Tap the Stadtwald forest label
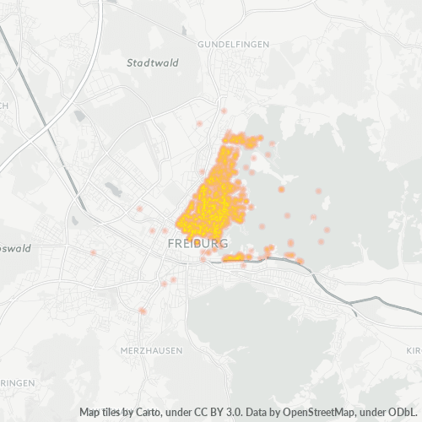[148, 62]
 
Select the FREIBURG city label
[197, 243]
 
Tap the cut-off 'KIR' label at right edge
[413, 349]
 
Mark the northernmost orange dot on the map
[224, 111]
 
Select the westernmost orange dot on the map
[93, 252]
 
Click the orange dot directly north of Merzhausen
[143, 311]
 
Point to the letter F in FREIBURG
[172, 243]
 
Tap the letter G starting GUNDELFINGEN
[201, 43]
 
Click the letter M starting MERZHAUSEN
[124, 349]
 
